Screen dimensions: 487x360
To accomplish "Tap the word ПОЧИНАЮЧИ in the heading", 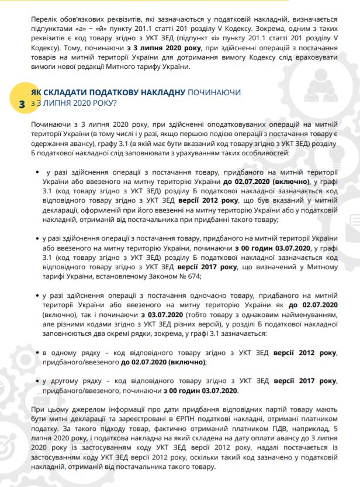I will pyautogui.click(x=214, y=93).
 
